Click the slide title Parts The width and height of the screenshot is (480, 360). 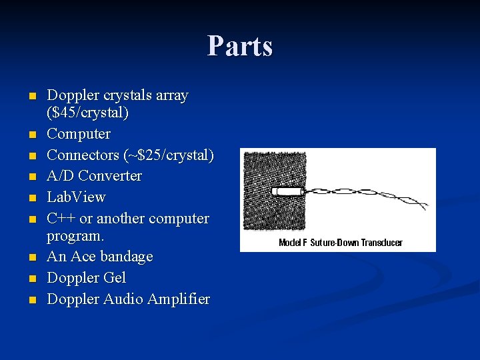240,47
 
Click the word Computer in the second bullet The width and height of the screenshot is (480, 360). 79,134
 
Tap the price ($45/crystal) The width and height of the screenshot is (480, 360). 87,113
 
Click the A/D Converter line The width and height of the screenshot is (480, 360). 94,176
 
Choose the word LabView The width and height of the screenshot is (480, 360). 76,197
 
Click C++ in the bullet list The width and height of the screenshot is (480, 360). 61,219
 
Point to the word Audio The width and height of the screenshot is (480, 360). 121,299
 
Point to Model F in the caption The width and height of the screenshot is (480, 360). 293,243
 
